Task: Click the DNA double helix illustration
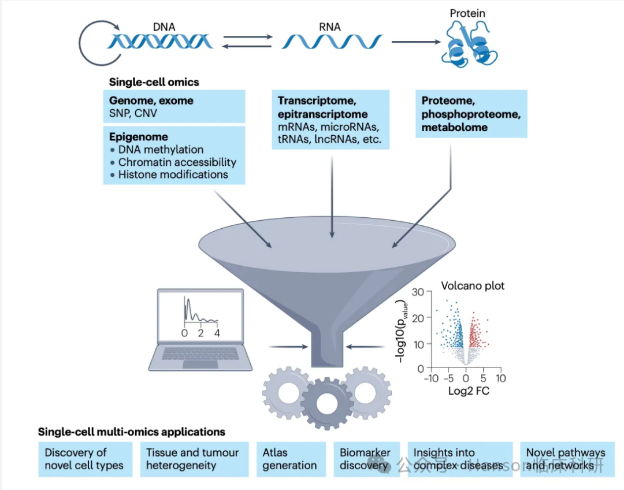click(161, 42)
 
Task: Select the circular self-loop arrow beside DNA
click(95, 43)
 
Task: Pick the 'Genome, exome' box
click(173, 107)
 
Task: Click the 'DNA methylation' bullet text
click(161, 150)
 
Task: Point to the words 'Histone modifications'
click(173, 175)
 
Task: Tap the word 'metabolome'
click(455, 127)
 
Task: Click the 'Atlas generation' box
click(289, 459)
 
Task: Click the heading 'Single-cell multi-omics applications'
click(131, 432)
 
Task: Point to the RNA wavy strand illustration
click(332, 42)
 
